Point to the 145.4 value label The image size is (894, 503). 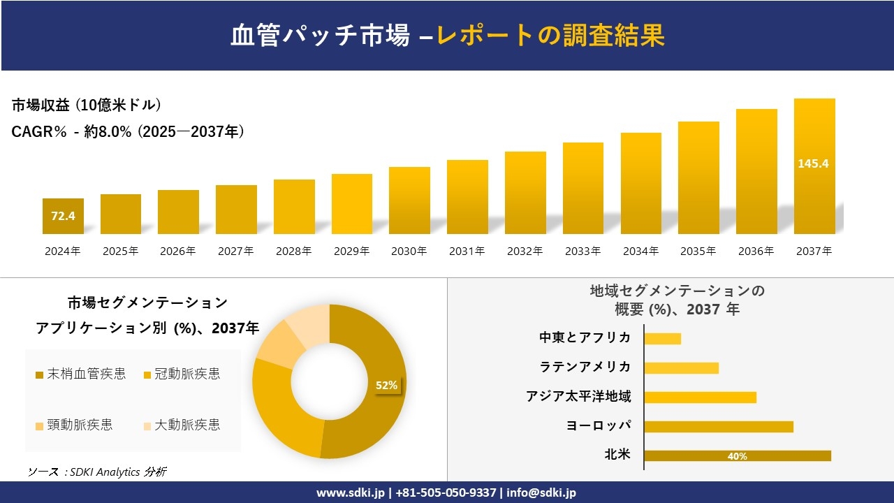pos(814,163)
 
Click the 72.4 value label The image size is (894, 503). pos(63,216)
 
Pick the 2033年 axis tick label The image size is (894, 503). pos(582,251)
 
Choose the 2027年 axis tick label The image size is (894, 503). pos(235,251)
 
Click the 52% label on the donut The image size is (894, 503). pos(386,385)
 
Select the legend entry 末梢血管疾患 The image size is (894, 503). pos(80,374)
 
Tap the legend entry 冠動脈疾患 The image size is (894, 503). pos(182,374)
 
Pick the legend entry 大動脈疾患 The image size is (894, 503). pos(182,425)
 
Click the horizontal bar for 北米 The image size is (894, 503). pos(737,455)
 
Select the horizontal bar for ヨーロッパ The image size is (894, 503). pos(718,426)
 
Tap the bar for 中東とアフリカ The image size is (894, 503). pos(662,338)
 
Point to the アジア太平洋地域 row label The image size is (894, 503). pos(578,397)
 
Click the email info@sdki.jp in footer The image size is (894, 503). pos(541,493)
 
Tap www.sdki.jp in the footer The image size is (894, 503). pos(350,493)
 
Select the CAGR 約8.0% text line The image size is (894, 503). pos(128,132)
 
